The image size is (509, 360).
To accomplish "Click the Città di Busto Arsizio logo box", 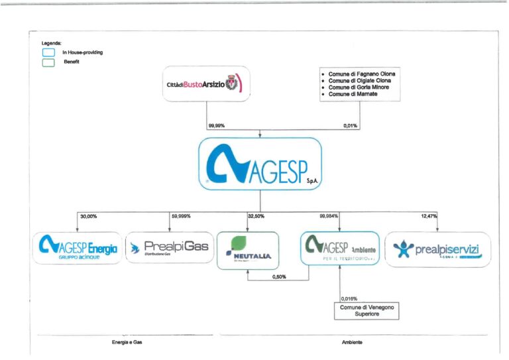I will click(207, 84).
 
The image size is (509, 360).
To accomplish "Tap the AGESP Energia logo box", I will click(79, 249).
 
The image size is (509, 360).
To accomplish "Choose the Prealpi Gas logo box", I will click(168, 249).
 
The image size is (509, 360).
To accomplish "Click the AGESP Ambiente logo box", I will click(339, 249).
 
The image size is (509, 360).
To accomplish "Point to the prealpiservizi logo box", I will click(437, 249).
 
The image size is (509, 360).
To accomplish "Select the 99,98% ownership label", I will click(217, 125).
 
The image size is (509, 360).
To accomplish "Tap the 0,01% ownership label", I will click(351, 125).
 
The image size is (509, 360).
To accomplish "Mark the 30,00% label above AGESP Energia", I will click(88, 216).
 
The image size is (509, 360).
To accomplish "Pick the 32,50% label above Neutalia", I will click(265, 216).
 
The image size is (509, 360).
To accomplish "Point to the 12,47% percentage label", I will click(429, 216).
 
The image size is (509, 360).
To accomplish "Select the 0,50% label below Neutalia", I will click(280, 278).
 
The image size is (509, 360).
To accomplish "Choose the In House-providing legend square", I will click(48, 52).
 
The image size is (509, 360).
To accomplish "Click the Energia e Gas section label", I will click(126, 342).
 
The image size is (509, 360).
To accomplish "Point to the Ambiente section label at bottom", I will click(351, 342).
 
